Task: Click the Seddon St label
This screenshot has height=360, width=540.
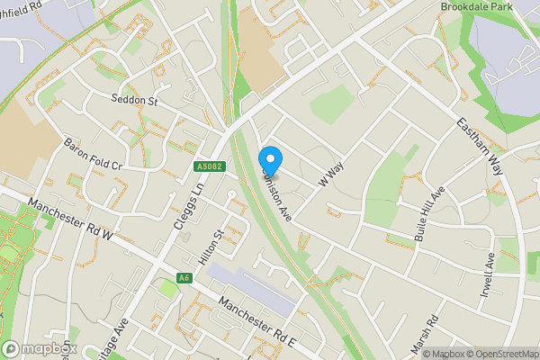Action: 135,100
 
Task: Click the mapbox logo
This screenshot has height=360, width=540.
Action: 39,348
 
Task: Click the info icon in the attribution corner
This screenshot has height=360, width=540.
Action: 415,354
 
